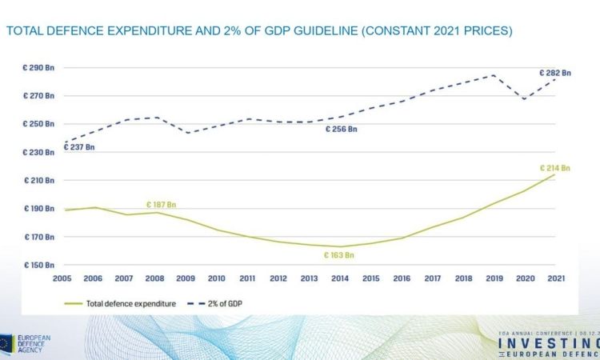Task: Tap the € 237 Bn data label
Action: click(78, 147)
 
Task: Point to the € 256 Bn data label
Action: click(341, 129)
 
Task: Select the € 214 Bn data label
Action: click(556, 168)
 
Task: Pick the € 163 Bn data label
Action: click(338, 255)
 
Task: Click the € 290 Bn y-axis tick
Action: click(38, 68)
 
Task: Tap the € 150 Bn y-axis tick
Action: click(38, 265)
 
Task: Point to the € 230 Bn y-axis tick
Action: click(38, 152)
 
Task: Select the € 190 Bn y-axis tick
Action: click(38, 209)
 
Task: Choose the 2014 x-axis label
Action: click(340, 278)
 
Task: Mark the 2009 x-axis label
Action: click(186, 278)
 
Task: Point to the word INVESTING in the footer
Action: click(548, 342)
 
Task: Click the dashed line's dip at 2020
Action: click(525, 98)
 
